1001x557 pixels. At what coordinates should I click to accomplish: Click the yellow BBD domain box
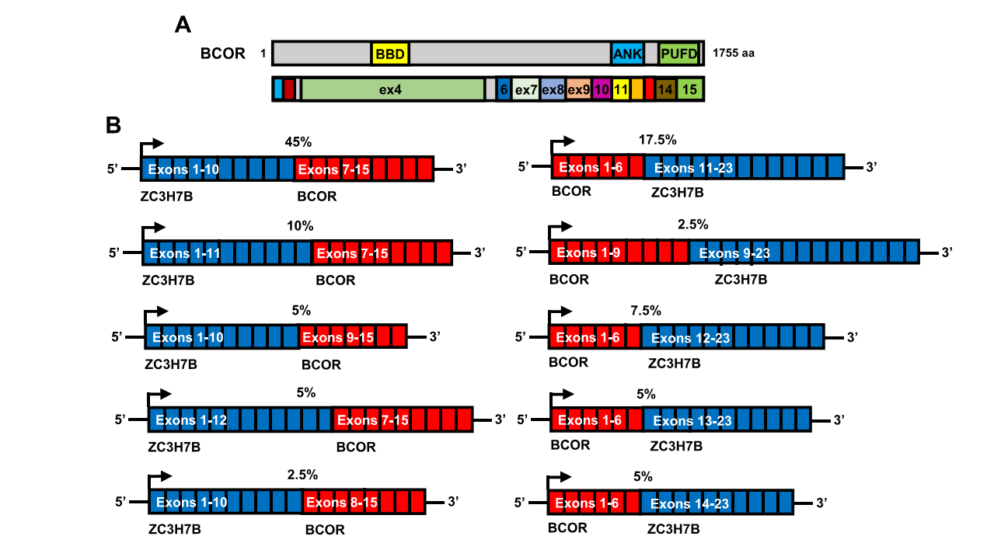(390, 54)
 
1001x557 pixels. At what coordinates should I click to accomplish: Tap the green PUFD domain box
(678, 54)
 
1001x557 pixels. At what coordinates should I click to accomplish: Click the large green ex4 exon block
(392, 89)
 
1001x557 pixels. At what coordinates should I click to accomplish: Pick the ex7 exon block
(526, 89)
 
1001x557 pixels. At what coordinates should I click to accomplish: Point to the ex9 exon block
(578, 89)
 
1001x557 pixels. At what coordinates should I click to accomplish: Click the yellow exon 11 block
(621, 89)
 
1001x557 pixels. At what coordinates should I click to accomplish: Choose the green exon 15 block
(689, 89)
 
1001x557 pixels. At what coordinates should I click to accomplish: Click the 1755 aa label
(733, 54)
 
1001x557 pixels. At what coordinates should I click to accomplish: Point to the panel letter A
(183, 26)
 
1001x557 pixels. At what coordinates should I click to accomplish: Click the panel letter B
(113, 125)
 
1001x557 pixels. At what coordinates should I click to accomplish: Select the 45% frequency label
(298, 142)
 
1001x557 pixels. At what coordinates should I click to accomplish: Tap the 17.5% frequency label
(657, 140)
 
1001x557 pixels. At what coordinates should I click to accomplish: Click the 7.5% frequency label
(646, 311)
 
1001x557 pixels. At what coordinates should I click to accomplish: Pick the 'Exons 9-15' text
(338, 338)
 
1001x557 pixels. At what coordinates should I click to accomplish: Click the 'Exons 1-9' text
(588, 253)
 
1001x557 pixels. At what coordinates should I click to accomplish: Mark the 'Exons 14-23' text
(689, 504)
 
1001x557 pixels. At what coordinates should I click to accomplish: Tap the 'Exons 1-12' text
(191, 420)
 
